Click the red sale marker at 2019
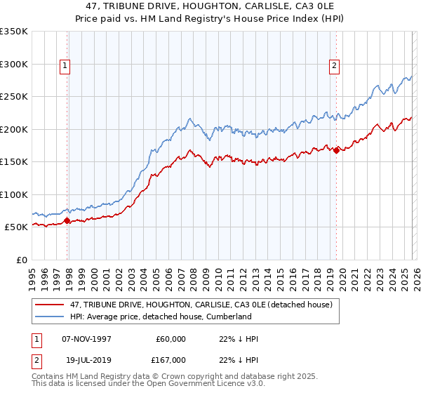click(x=336, y=149)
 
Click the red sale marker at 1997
click(x=67, y=220)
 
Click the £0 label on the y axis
click(x=22, y=260)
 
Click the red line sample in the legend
click(x=50, y=305)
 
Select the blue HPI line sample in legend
click(x=50, y=317)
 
